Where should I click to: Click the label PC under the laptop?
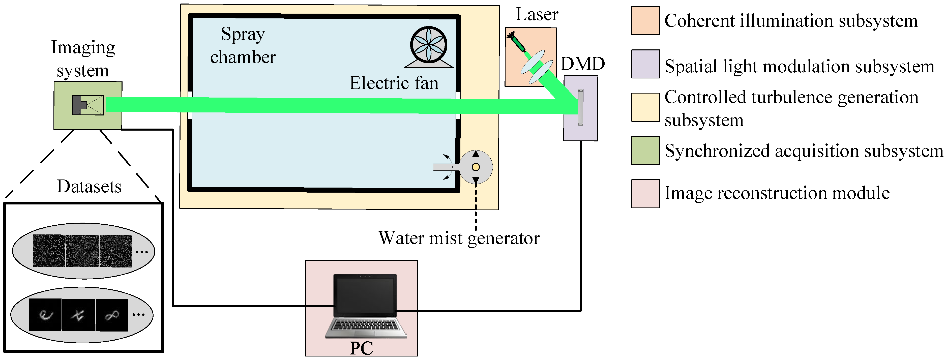pos(361,348)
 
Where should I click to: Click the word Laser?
pos(537,15)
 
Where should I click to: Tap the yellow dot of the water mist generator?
pos(476,167)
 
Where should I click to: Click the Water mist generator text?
pos(459,238)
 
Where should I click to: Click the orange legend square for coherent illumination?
pos(645,21)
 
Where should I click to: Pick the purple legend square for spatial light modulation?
pos(645,64)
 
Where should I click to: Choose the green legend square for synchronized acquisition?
pos(645,151)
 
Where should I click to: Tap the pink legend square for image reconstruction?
pos(645,194)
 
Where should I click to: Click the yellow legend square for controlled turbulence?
pos(645,107)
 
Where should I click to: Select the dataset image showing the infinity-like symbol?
pos(112,315)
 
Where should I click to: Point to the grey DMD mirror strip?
pos(580,107)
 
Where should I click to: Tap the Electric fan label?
pos(394,83)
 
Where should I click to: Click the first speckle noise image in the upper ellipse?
pos(49,251)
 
